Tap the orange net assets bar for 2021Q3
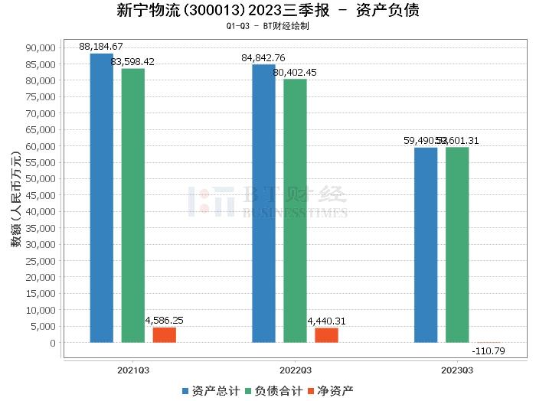(164, 334)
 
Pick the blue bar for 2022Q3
(263, 203)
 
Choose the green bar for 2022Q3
(295, 210)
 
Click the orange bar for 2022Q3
(326, 334)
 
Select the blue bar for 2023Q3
(426, 245)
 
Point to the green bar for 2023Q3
(457, 244)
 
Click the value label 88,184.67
(101, 47)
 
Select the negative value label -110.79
(489, 351)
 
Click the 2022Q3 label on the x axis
(295, 370)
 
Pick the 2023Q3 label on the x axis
(457, 370)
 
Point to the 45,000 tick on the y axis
(41, 195)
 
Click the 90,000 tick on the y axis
(41, 47)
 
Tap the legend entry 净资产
(332, 390)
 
